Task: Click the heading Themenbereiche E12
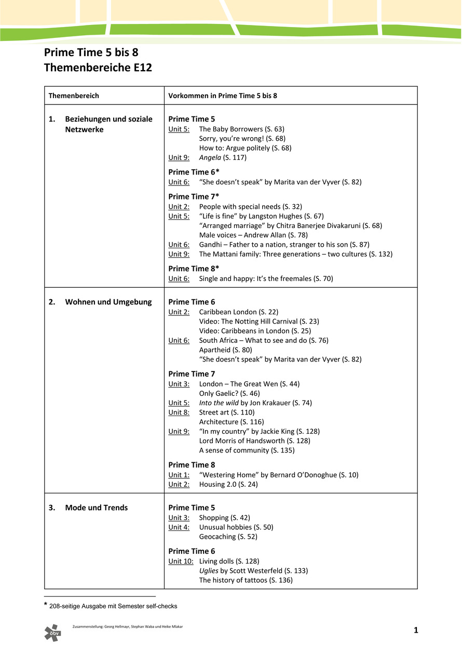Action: pyautogui.click(x=98, y=68)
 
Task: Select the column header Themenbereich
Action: pyautogui.click(x=74, y=96)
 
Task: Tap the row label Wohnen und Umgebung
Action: pyautogui.click(x=108, y=302)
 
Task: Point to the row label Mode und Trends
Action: pyautogui.click(x=96, y=508)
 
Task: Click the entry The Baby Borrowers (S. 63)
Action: pyautogui.click(x=241, y=129)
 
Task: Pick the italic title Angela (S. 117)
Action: pyautogui.click(x=223, y=157)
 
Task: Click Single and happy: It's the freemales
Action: pyautogui.click(x=266, y=279)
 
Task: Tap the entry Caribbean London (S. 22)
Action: pyautogui.click(x=238, y=312)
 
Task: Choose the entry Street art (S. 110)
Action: pyautogui.click(x=227, y=412)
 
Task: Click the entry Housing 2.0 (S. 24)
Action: pyautogui.click(x=228, y=485)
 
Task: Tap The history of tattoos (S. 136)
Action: pyautogui.click(x=246, y=580)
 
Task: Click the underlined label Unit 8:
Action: pyautogui.click(x=179, y=412)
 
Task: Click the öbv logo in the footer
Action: pyautogui.click(x=52, y=633)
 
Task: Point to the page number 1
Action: pyautogui.click(x=416, y=631)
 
